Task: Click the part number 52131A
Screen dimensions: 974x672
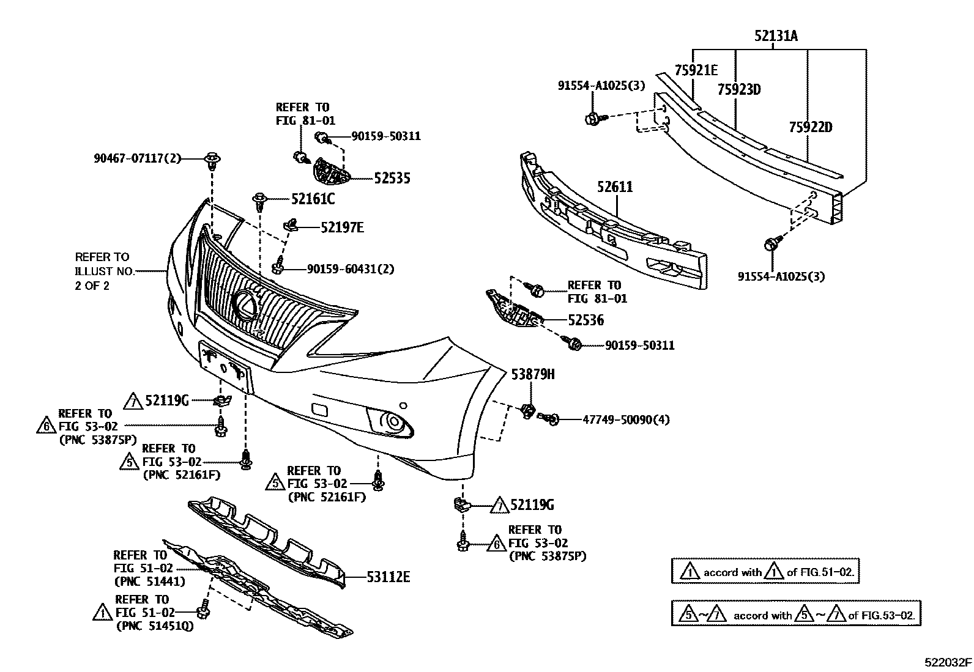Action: [x=776, y=35]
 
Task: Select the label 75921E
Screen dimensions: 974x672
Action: [x=696, y=70]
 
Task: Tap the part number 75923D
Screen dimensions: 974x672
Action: [x=739, y=89]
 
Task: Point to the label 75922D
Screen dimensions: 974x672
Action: [x=811, y=127]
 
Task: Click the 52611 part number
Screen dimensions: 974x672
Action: [x=615, y=187]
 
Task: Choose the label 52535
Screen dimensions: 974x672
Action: [x=392, y=178]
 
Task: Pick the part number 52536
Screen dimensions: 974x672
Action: [x=586, y=320]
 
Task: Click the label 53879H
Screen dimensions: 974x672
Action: [x=533, y=374]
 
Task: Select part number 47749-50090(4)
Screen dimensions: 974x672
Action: [x=626, y=420]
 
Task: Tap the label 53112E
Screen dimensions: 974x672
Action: [x=388, y=577]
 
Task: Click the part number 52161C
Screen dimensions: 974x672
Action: [x=313, y=199]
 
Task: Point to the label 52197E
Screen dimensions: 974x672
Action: [x=342, y=227]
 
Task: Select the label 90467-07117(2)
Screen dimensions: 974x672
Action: [x=138, y=158]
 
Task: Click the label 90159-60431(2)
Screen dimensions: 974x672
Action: [x=351, y=269]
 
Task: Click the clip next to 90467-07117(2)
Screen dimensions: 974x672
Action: [x=212, y=160]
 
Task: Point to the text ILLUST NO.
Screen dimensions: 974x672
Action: [x=105, y=271]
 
